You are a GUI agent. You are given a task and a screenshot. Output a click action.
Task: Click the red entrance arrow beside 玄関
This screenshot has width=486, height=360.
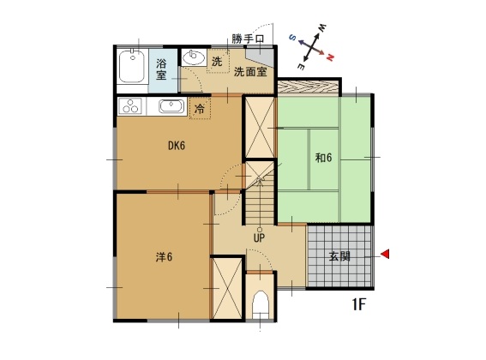tap(385, 254)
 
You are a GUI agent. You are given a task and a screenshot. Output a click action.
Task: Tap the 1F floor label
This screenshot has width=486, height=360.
tap(359, 304)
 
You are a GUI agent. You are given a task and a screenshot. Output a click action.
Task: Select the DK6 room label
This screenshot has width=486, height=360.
tap(177, 146)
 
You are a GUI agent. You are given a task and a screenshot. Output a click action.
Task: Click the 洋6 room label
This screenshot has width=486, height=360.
tap(164, 257)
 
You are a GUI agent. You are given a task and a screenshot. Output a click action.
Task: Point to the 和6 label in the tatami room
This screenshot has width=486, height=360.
tap(323, 158)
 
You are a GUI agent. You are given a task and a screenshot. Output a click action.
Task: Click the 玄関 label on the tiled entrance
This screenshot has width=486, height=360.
tap(339, 256)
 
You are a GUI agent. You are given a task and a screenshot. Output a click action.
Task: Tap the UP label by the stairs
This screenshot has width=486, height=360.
tap(259, 237)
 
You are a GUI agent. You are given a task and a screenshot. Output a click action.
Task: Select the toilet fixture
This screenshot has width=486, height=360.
tap(260, 305)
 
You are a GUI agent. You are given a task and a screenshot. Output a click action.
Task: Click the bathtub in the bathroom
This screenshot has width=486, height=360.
tap(132, 67)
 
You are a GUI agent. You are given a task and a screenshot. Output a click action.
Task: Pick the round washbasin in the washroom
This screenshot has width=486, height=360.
tap(194, 57)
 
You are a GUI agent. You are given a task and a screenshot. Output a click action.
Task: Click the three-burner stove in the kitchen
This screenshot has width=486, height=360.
tap(130, 106)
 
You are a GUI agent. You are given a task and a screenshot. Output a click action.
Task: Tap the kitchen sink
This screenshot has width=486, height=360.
tap(171, 106)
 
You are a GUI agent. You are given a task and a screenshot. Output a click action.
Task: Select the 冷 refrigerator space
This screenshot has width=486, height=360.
tap(200, 108)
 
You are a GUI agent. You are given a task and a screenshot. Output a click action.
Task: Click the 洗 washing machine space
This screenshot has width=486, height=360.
tap(218, 62)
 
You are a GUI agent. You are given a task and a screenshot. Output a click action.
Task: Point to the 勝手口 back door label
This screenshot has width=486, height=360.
tap(248, 39)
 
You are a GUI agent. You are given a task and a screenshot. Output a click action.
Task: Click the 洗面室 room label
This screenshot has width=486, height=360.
tap(250, 72)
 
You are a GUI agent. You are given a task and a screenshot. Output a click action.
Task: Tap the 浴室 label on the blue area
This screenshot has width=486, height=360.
tap(161, 69)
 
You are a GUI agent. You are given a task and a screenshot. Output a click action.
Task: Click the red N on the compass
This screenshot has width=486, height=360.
tap(330, 57)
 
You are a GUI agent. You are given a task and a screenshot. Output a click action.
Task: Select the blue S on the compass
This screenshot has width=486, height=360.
tap(292, 37)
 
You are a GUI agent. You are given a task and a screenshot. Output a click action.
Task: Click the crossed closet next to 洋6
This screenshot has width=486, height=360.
tap(228, 288)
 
